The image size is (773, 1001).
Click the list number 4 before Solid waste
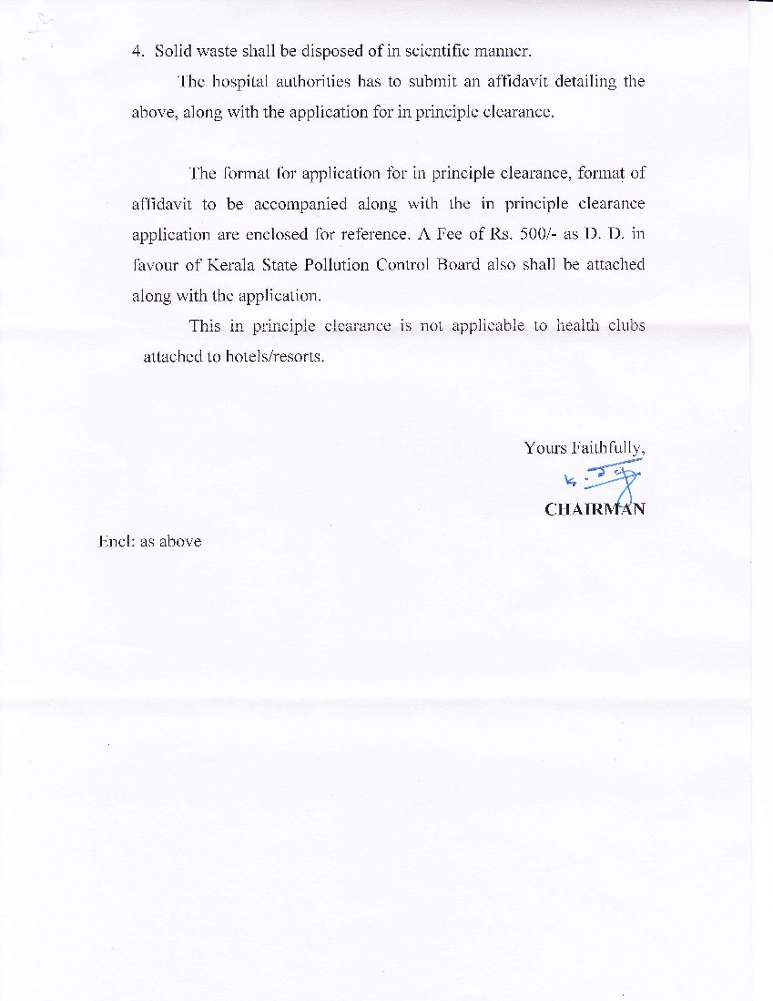137,51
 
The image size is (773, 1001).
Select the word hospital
241,82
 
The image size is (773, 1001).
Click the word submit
412,82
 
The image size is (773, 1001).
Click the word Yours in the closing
544,448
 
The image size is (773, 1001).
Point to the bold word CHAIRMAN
595,509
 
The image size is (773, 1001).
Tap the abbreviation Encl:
117,541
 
